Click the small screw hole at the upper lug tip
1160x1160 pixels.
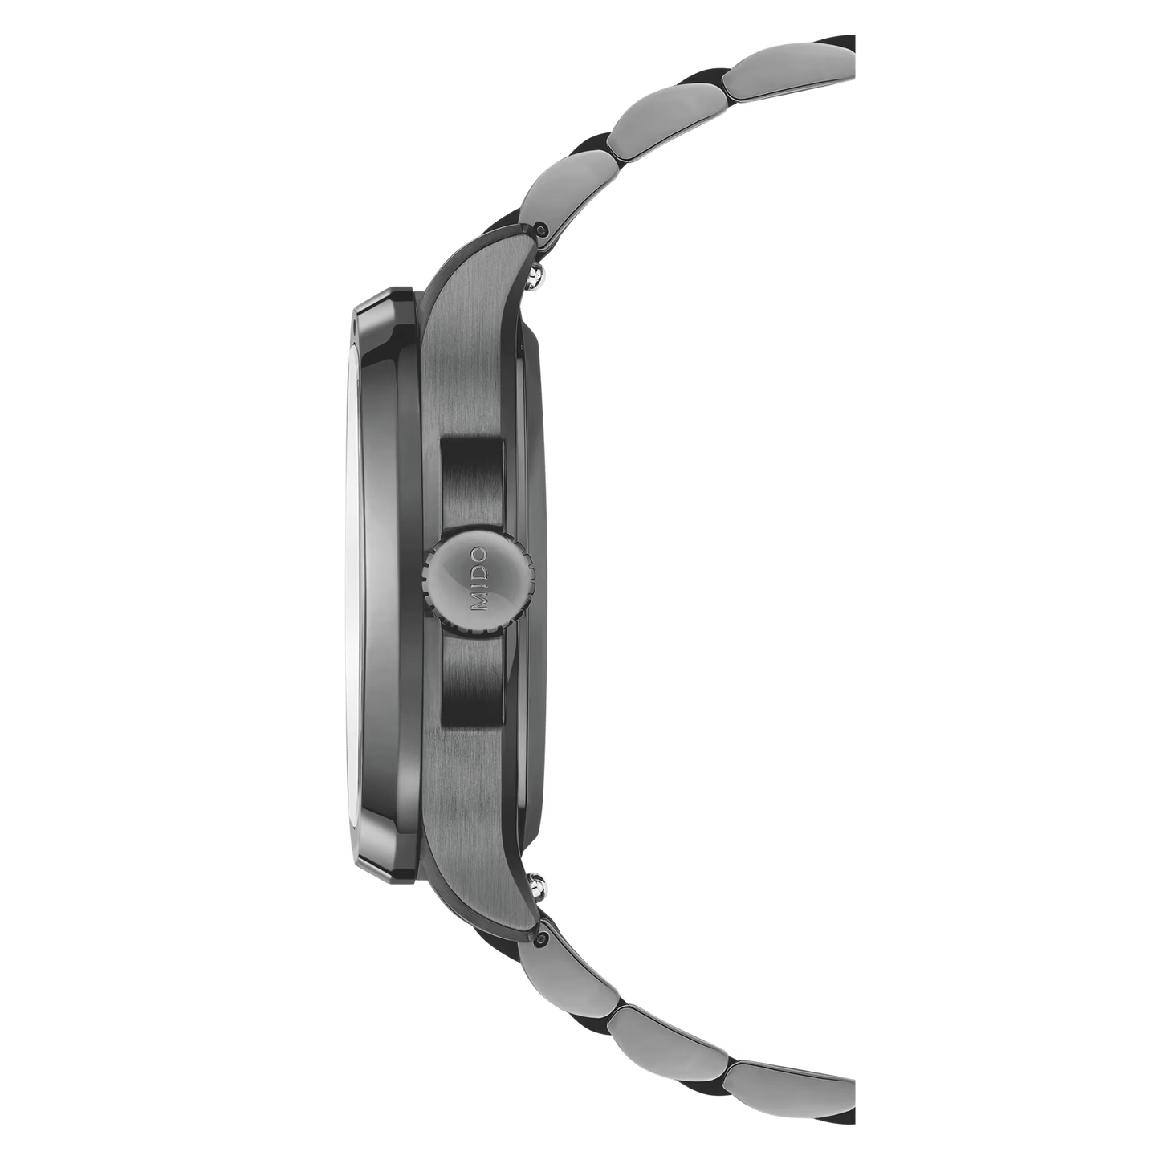tap(539, 230)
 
